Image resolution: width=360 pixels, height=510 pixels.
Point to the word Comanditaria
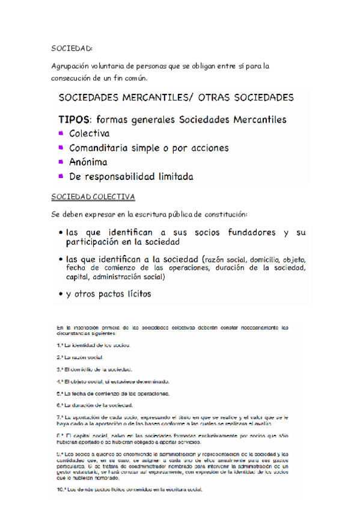99,147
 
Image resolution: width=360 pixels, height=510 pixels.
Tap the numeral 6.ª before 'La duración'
59,405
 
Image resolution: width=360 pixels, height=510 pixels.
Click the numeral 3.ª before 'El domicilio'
59,369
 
